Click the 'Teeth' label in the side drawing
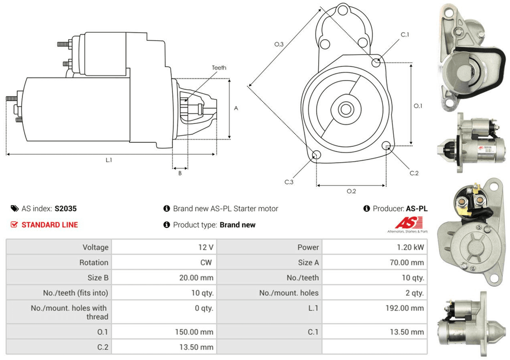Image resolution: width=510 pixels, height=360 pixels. pos(219,67)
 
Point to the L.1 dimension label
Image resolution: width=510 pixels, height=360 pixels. pos(109,160)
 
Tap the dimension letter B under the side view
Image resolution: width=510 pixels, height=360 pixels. pos(180,173)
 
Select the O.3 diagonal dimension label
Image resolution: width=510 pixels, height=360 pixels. pos(278,45)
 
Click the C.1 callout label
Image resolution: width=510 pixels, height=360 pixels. pos(405,34)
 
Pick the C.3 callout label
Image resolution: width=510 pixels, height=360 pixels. pos(289,182)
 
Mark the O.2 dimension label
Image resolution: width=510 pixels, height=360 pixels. pos(351,191)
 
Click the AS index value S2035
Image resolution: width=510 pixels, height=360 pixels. pos(66,209)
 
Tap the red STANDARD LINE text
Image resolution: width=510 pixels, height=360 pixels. pos(49,224)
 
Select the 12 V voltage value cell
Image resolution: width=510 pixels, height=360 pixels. pos(206,247)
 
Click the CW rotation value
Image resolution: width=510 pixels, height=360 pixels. pos(208,263)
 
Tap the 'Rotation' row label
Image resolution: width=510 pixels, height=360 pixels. pos(93,263)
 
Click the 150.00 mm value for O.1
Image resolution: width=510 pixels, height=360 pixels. pos(195,332)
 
